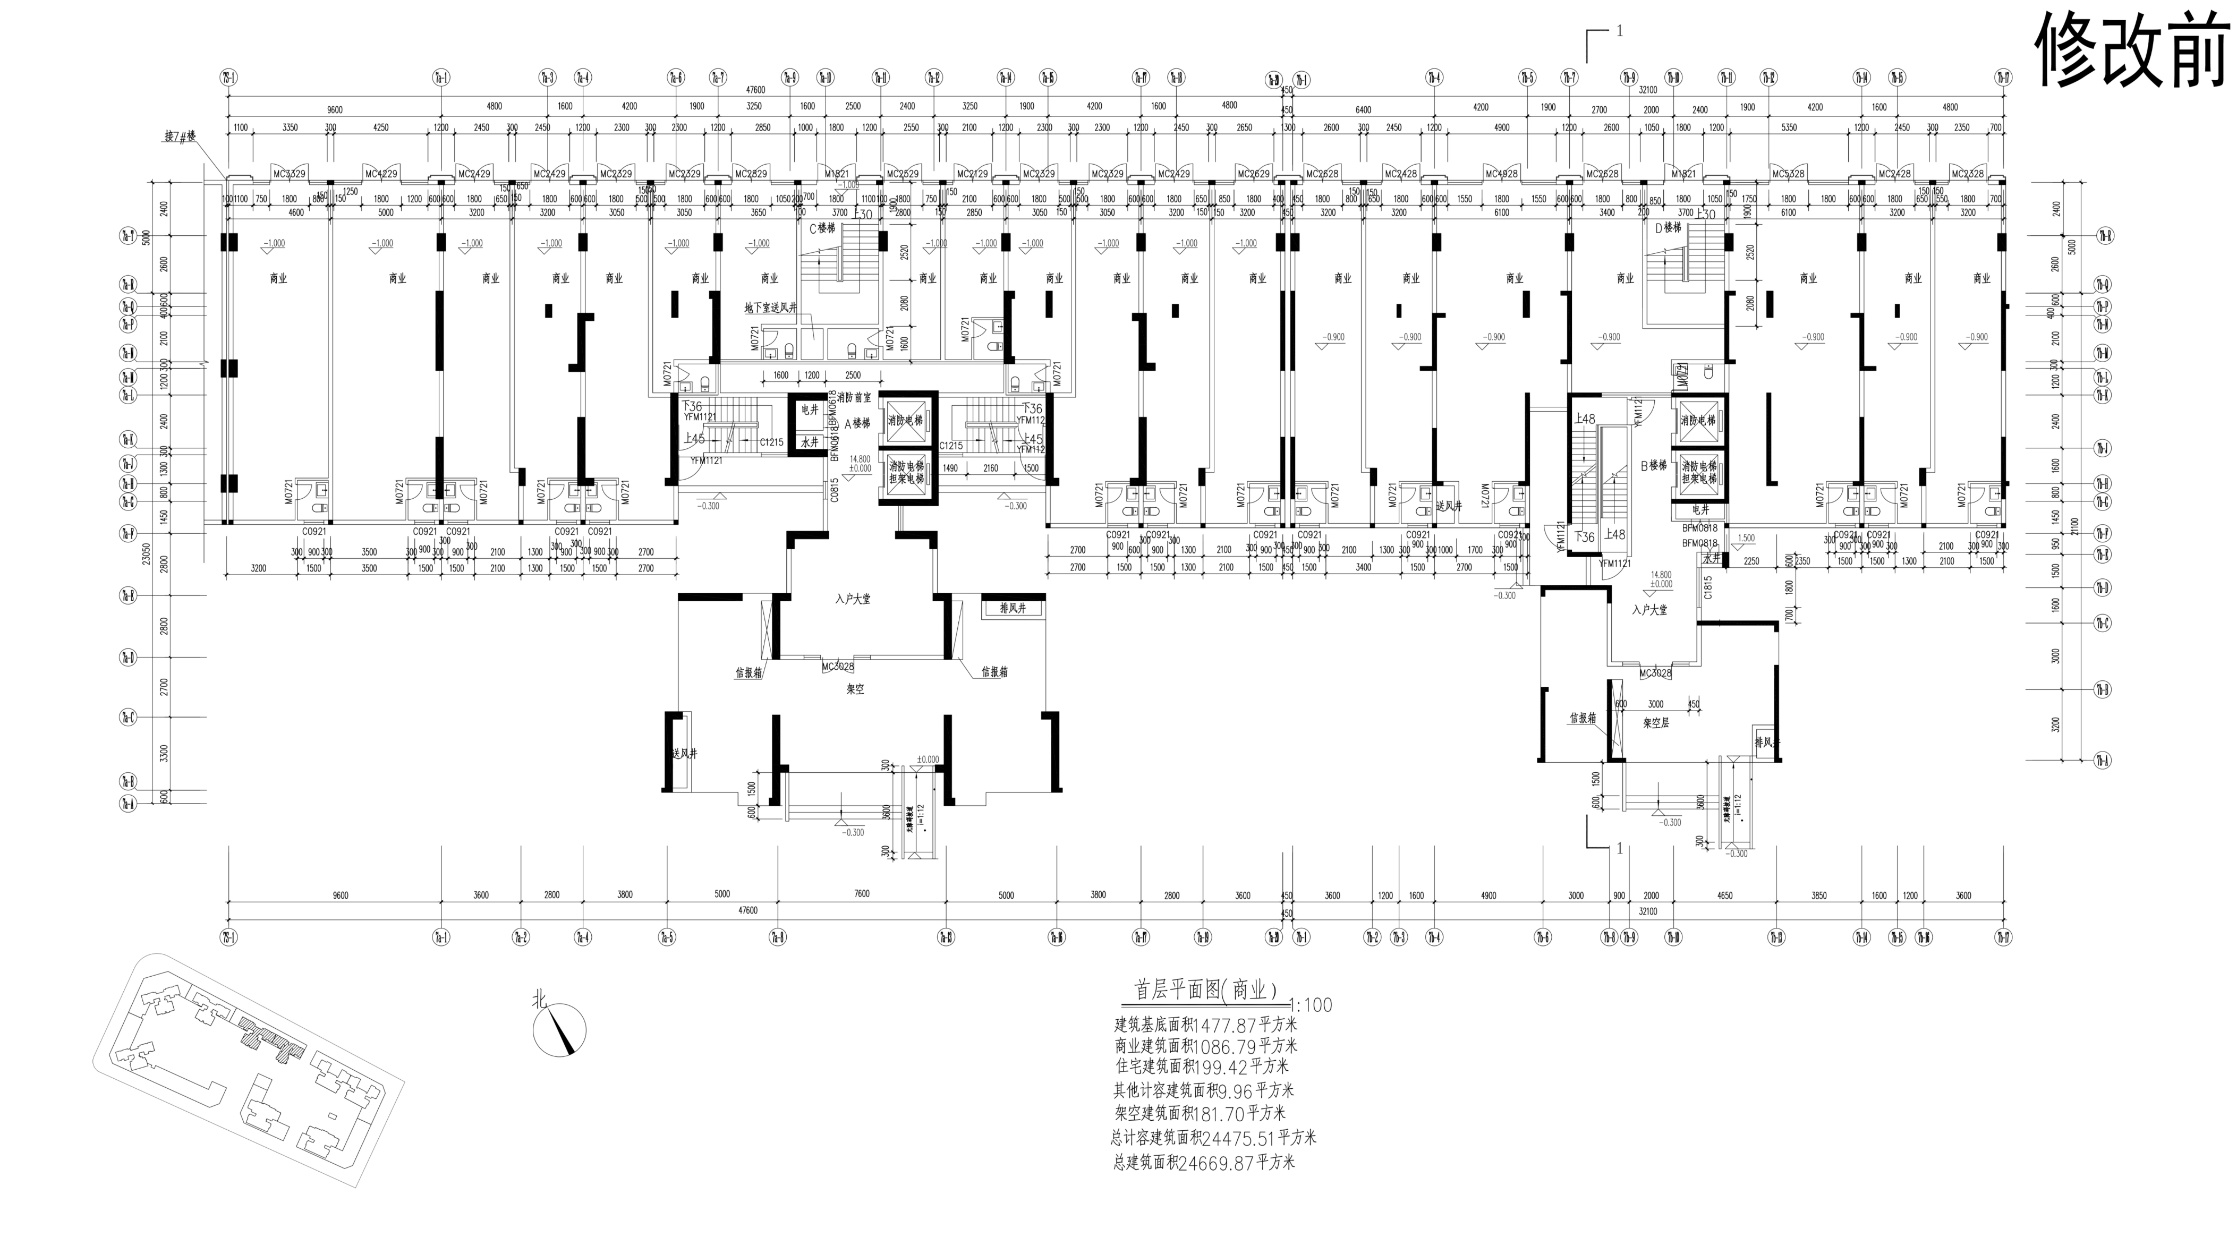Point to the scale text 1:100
pos(1311,1005)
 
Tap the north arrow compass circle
pos(560,1030)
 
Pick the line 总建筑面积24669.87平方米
pos(1204,1162)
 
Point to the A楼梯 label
pos(857,424)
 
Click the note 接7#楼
pos(181,137)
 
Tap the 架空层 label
pos(1656,722)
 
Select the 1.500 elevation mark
pos(1746,539)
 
